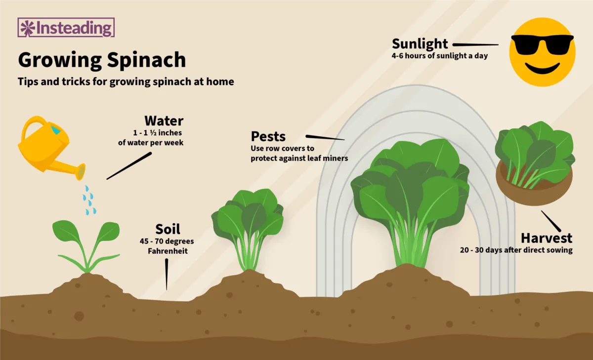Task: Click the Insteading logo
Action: [66, 28]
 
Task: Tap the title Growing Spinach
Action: [102, 60]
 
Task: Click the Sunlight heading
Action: [420, 44]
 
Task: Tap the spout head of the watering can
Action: [81, 171]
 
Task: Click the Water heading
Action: [164, 121]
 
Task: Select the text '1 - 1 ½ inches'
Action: [157, 133]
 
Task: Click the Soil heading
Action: [168, 229]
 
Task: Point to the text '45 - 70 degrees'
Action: [167, 241]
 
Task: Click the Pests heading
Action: [268, 137]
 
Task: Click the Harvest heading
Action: [547, 238]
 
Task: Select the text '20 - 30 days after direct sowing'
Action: [516, 250]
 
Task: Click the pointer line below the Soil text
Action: [167, 274]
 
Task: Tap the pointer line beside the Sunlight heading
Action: [475, 45]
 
